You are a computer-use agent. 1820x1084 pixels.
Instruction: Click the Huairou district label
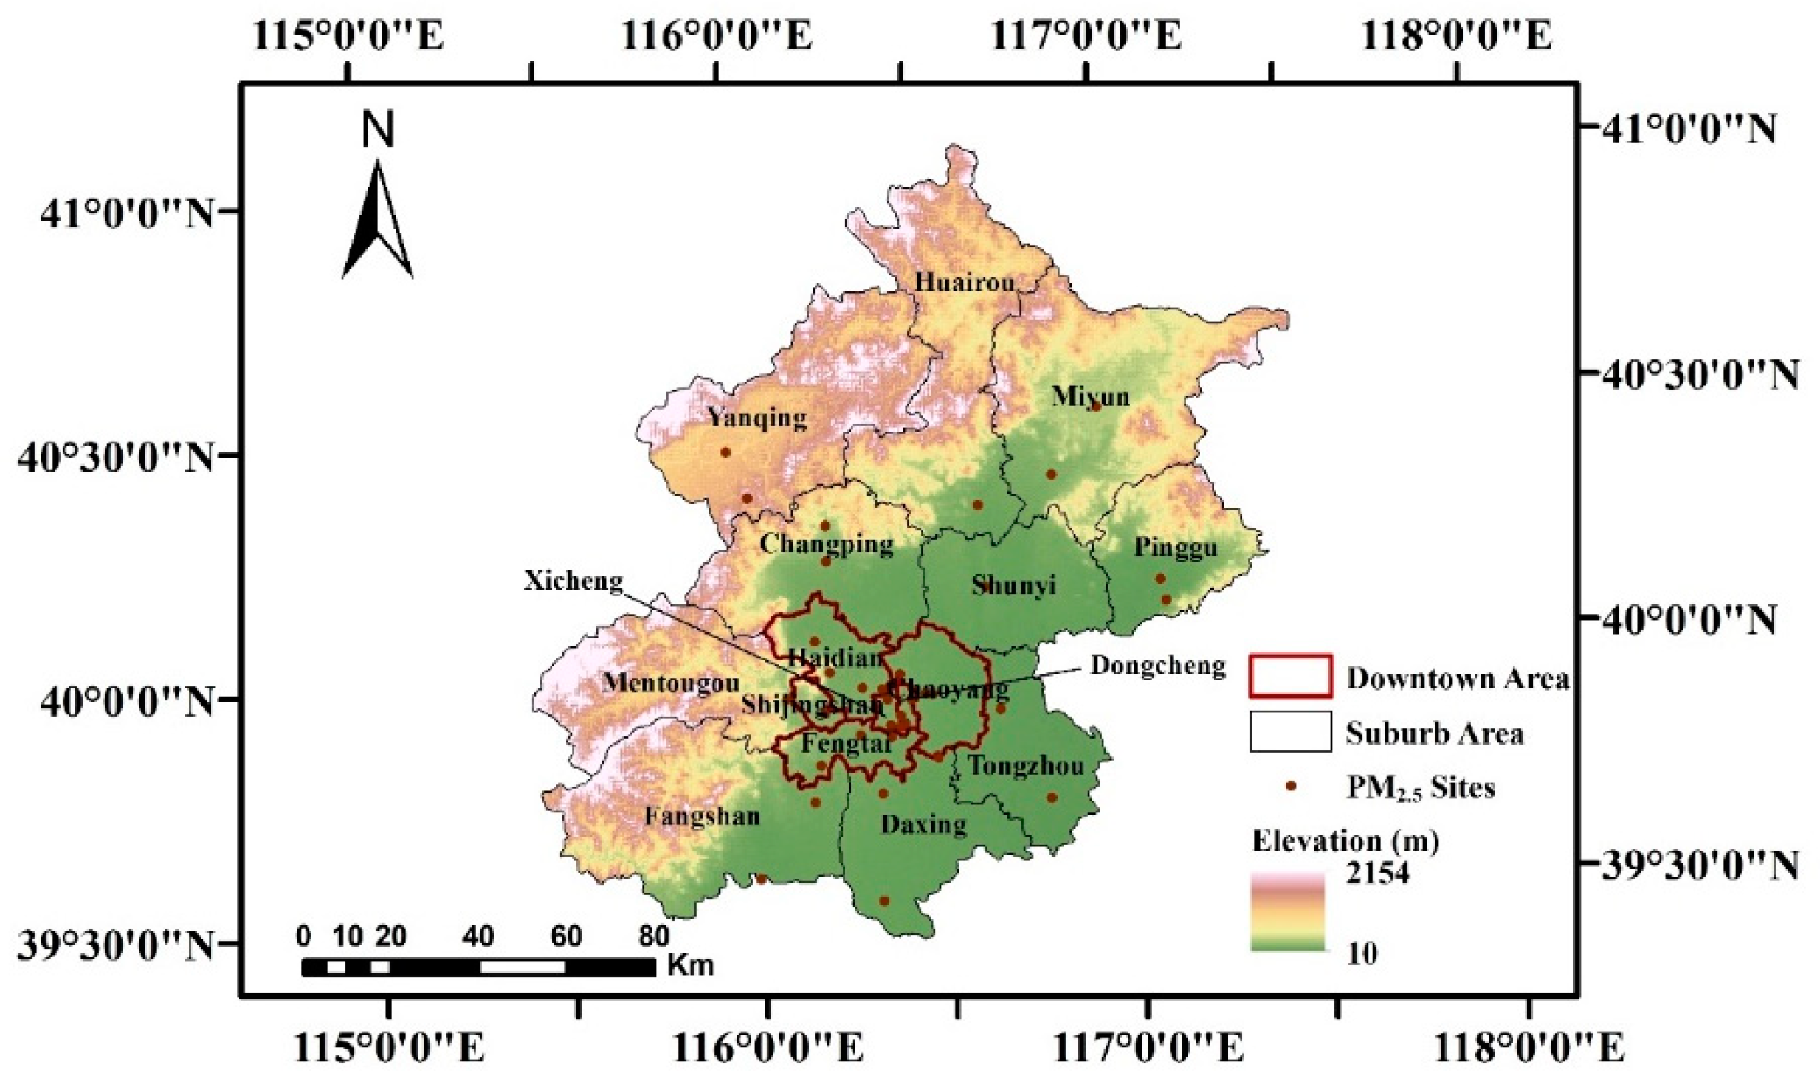click(965, 282)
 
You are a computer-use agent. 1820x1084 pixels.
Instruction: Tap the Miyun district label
click(1090, 396)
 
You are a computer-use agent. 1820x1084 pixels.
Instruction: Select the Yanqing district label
click(757, 418)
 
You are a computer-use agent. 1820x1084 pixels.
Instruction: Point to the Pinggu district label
click(1175, 548)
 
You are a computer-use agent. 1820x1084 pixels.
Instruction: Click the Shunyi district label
click(1013, 585)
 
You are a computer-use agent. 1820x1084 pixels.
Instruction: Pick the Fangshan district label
click(702, 816)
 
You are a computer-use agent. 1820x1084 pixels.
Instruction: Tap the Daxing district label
click(923, 824)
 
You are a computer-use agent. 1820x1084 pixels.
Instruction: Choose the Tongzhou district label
click(1026, 766)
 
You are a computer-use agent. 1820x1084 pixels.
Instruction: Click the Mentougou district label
click(670, 683)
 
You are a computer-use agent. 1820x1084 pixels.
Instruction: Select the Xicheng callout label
click(573, 581)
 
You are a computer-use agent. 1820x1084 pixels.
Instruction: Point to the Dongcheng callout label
click(1157, 666)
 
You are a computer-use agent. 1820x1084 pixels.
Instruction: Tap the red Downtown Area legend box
click(1290, 676)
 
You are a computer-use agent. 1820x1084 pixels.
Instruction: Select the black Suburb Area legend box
click(1290, 731)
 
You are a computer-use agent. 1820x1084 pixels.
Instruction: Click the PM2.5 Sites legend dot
click(1290, 787)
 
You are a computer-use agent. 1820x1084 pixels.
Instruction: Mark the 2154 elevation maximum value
click(1377, 874)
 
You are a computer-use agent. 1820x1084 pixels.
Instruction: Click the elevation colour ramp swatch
click(1287, 912)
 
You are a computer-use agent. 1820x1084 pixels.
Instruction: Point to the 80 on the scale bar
click(653, 936)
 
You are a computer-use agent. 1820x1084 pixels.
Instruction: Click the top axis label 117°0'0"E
click(1086, 35)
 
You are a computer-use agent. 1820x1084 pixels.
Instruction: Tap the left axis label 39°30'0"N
click(115, 946)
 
